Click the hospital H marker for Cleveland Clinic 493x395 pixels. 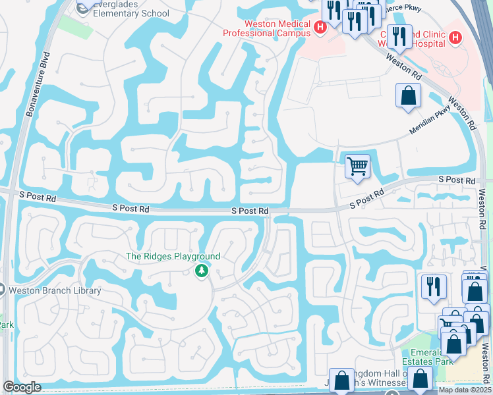[455, 38]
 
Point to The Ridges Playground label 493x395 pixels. [173, 256]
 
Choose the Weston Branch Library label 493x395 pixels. [55, 290]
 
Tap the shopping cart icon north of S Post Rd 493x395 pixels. [357, 166]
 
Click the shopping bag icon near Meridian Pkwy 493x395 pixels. [408, 95]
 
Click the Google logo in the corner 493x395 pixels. [21, 387]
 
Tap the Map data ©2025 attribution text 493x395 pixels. [464, 390]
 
